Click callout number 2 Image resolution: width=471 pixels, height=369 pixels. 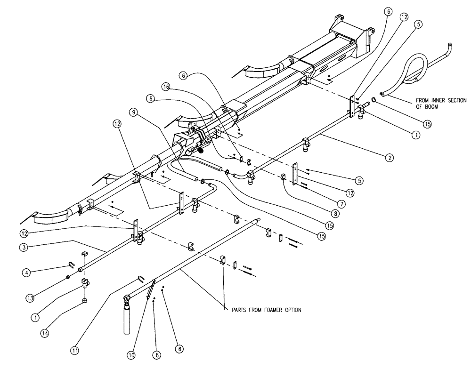coord(389,158)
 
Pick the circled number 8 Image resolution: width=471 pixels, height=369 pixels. coord(335,213)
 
